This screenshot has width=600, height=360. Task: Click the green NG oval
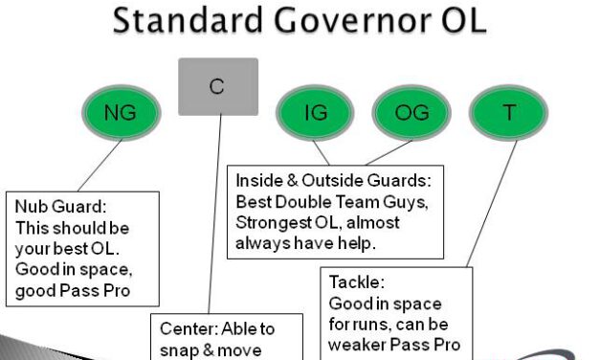click(x=121, y=113)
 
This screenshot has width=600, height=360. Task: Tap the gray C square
click(x=218, y=87)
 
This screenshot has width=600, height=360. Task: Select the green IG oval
click(x=315, y=113)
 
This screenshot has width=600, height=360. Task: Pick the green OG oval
click(x=411, y=113)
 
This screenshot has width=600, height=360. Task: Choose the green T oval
click(x=509, y=113)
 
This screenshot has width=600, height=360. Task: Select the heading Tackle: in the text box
click(x=356, y=283)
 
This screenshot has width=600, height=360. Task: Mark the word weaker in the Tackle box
click(x=359, y=344)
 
